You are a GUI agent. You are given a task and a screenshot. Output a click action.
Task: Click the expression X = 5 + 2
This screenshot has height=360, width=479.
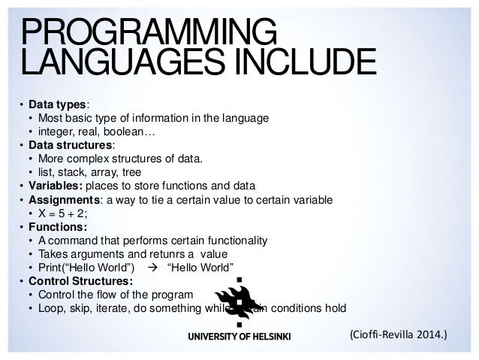[x=68, y=213]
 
